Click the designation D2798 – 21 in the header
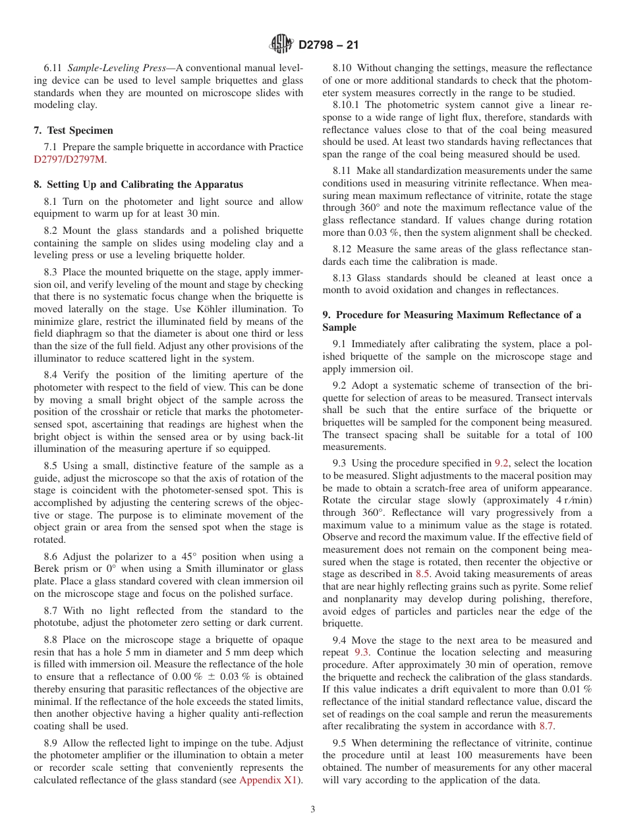pos(328,45)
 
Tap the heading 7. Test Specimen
pos(73,130)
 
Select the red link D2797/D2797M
pos(69,159)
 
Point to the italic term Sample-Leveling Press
pos(110,68)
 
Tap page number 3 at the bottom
pos(313,810)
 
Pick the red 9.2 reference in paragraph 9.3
pos(501,463)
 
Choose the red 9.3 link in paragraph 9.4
pos(361,652)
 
